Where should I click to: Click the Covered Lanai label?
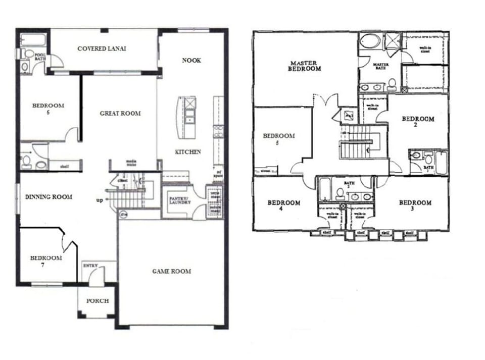pos(102,48)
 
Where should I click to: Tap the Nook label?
pos(191,60)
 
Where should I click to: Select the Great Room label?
pos(120,113)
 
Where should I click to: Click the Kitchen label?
pos(188,151)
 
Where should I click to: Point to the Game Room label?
pos(172,271)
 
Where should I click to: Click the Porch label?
pos(97,301)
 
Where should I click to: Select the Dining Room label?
pos(48,197)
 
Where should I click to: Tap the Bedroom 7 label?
pos(46,261)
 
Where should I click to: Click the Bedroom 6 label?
pos(48,109)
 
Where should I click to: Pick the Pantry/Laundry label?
pos(180,200)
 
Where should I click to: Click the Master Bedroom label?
pos(305,66)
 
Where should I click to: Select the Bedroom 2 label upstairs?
pos(417,122)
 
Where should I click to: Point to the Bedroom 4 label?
pos(283,206)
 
